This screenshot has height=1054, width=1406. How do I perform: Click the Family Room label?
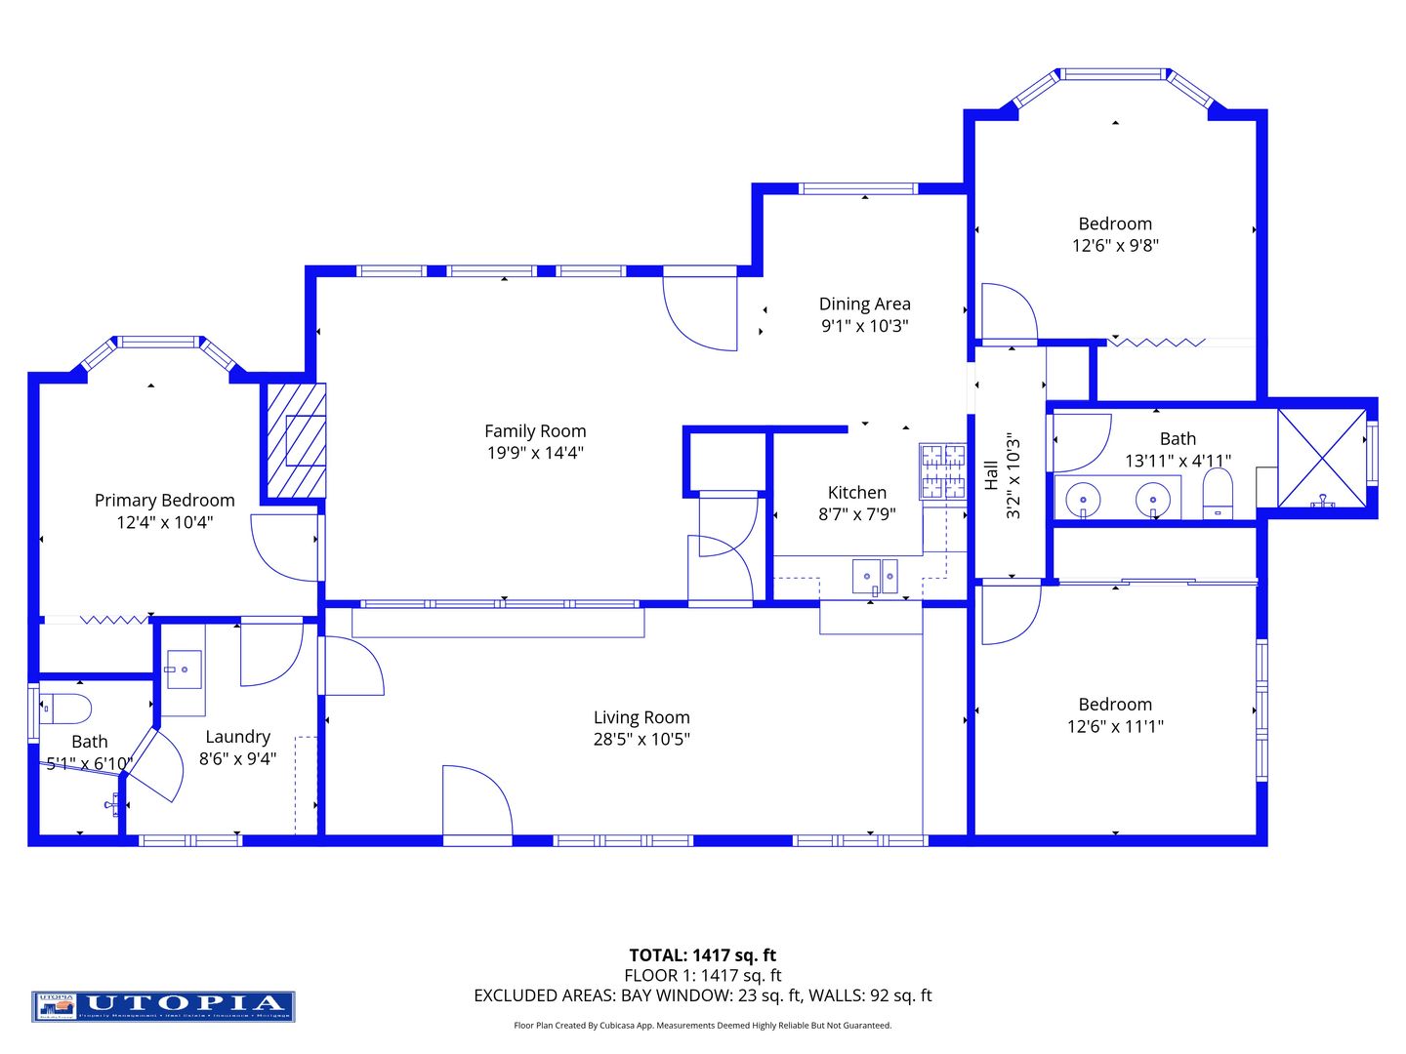tap(535, 430)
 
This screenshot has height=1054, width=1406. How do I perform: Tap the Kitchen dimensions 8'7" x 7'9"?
tap(856, 514)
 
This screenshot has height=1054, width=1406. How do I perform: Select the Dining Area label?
tap(864, 304)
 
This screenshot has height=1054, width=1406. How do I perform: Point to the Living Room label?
tap(641, 717)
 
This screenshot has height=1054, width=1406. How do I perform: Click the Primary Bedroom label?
tap(164, 500)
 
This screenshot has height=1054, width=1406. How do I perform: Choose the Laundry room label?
tap(237, 737)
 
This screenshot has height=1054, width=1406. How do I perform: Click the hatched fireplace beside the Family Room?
tap(295, 440)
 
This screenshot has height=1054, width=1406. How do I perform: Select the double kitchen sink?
tap(874, 576)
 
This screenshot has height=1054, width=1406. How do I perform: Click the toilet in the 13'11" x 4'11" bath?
tap(1217, 493)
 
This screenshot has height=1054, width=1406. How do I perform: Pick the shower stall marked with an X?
tap(1322, 458)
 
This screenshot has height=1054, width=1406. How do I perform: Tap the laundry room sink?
tap(183, 669)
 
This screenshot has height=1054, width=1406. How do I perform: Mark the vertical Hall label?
tap(991, 475)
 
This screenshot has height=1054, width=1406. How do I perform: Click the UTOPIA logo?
tap(163, 1005)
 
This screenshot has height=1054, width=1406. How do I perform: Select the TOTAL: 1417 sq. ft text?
tap(702, 954)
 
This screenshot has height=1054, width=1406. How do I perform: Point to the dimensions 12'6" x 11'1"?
tap(1115, 726)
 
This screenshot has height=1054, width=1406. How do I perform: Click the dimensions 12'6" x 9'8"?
tap(1115, 245)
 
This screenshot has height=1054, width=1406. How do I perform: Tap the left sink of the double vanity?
tap(1083, 499)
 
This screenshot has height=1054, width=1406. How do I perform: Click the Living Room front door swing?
tap(476, 802)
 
